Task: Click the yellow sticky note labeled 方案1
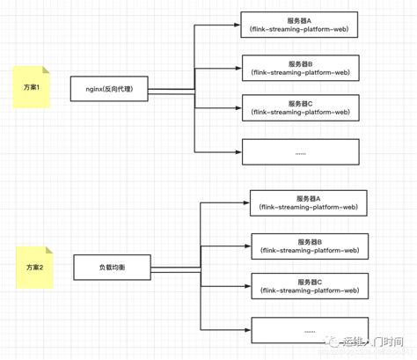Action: click(x=33, y=88)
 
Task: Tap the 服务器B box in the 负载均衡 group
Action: click(x=310, y=246)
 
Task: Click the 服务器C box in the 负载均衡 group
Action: click(x=310, y=285)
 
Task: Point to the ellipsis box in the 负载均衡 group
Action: click(x=310, y=330)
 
